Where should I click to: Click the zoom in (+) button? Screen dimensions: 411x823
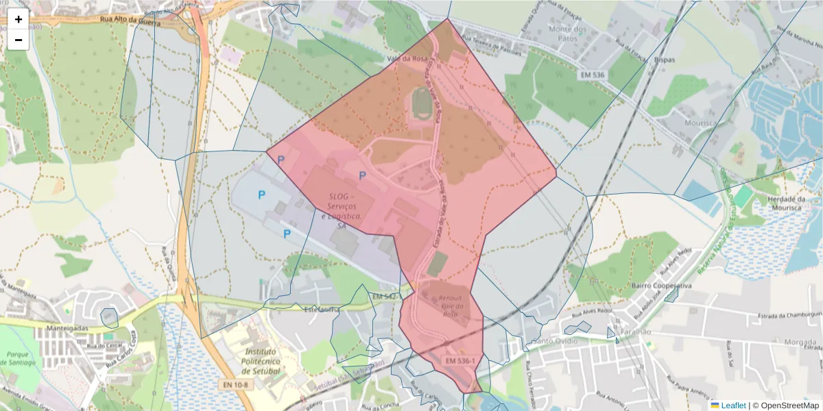click(x=19, y=19)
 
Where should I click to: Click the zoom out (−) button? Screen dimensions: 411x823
click(x=19, y=40)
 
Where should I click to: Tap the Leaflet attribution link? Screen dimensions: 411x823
click(x=733, y=406)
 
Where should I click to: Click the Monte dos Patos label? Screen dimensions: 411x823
click(x=569, y=34)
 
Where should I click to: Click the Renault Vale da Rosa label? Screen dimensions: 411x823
click(x=450, y=306)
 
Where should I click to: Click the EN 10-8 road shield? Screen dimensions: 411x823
click(x=235, y=385)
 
